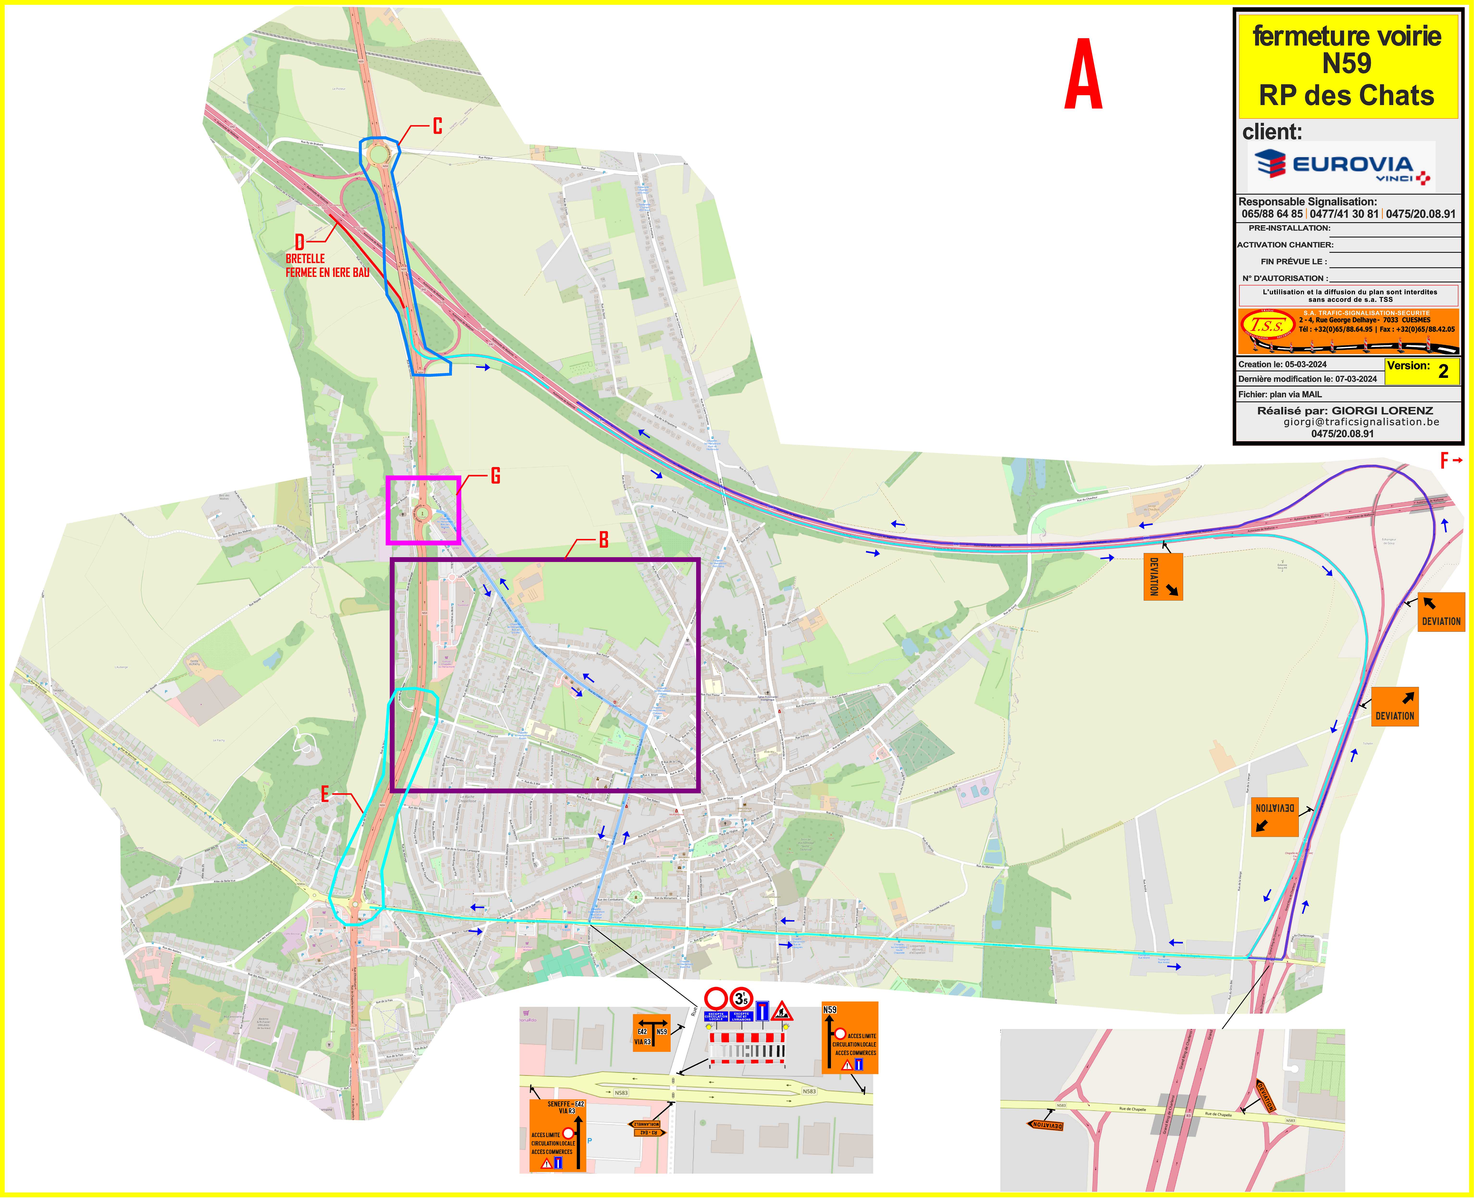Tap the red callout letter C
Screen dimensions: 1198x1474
(437, 126)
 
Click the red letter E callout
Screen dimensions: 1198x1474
(325, 795)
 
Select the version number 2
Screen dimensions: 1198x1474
(1443, 371)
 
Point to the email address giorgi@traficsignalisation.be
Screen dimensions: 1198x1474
(1361, 422)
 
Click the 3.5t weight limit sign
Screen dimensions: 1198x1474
(741, 998)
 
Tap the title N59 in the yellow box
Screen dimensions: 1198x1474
(1346, 63)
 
